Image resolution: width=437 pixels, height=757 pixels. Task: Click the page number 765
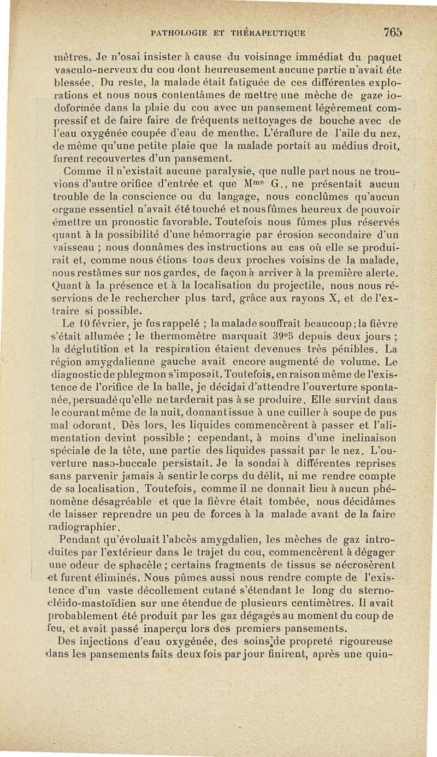[x=393, y=32]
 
